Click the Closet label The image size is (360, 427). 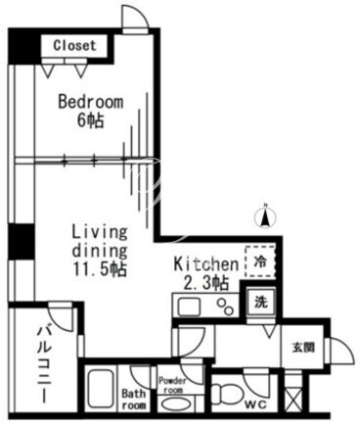coord(75,46)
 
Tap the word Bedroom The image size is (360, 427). coord(91,102)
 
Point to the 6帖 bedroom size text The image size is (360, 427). coord(90,121)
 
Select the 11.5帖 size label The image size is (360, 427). coord(100,269)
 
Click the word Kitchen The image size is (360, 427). coord(206,264)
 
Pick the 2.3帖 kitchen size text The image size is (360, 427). coord(205,283)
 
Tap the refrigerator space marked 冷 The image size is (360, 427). coord(260,261)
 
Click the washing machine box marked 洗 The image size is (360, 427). coord(261,302)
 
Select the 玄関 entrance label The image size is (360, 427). coord(303,348)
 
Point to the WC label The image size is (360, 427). coord(255,405)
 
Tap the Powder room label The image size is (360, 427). coord(172,385)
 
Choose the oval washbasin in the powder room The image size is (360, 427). coord(175,404)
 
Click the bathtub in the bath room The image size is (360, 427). coord(101,389)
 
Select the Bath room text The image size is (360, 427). coord(134,400)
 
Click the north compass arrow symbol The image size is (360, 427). coord(266,216)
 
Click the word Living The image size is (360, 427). coord(99,233)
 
